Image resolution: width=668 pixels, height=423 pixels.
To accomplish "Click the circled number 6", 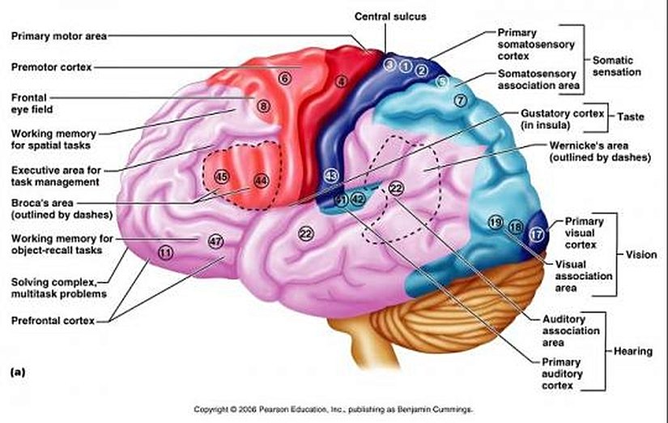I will pos(284,79).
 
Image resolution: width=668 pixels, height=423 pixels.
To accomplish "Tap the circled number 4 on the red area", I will pos(342,81).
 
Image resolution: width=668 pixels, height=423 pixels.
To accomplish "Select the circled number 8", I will pos(262,105).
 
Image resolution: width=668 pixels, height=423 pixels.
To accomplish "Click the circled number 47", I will pos(215,241).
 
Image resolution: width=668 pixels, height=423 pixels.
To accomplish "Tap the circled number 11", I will pos(165,253).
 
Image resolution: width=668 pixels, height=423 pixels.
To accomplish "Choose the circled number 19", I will pos(496,222).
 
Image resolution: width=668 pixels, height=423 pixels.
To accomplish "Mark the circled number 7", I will pos(461,100).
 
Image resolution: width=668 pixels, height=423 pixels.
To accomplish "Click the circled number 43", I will pos(330,175).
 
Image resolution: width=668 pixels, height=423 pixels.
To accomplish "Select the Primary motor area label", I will pos(59,36).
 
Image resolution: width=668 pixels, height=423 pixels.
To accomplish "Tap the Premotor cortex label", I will pos(51,66).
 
